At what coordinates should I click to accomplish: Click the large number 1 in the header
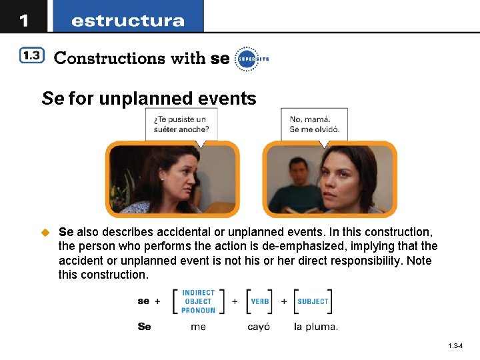coord(24,20)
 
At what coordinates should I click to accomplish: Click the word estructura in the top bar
coord(127,21)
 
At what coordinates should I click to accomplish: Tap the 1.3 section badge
coord(31,57)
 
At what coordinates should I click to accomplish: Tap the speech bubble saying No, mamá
coord(314,123)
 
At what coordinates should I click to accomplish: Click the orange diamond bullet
coord(45,232)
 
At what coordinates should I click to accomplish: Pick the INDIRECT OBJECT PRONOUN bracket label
coord(198,301)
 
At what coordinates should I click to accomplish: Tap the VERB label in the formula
coord(260,301)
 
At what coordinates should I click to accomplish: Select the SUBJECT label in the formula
coord(313,301)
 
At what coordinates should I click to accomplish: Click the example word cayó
coord(259,327)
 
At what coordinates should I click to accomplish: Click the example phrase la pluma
coord(316,327)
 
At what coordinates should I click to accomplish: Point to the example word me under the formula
coord(198,327)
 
